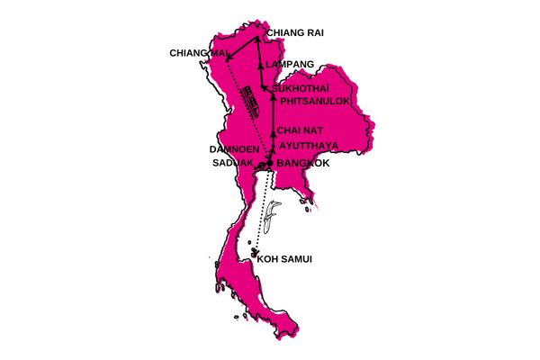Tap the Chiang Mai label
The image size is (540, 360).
199,53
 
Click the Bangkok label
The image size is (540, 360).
303,164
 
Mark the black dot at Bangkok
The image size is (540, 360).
269,163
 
